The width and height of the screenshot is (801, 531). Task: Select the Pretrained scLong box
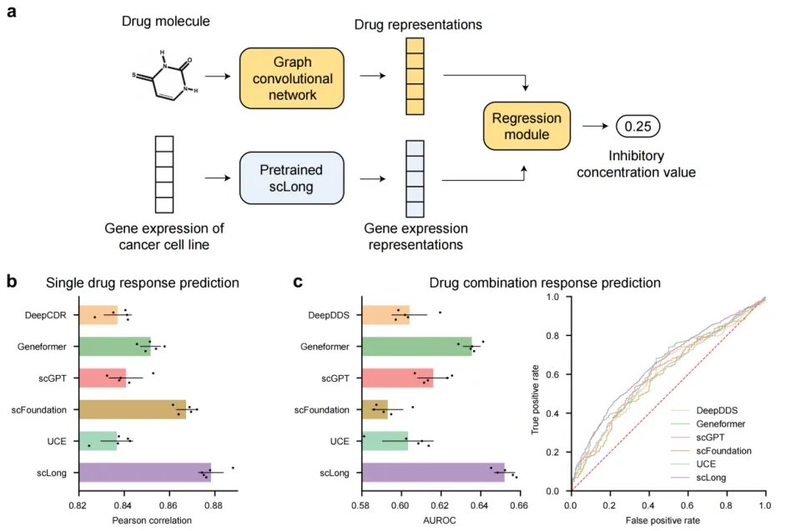291,178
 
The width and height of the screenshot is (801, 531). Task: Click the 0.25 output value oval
637,127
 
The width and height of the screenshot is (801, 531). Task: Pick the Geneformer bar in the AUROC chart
416,346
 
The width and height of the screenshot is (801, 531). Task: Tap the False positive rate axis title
667,521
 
